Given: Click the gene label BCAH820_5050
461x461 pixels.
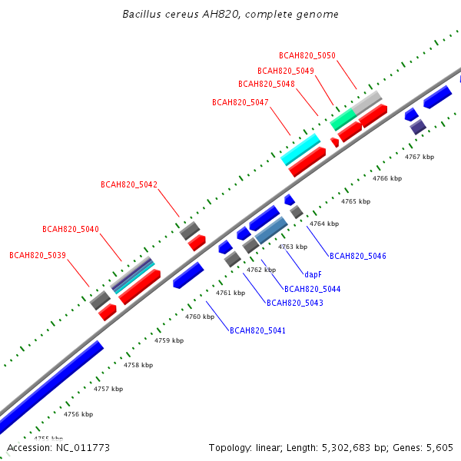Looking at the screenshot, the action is point(307,55).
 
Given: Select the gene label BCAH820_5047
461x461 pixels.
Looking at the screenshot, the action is point(240,102).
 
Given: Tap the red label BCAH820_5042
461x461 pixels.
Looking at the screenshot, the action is point(129,184).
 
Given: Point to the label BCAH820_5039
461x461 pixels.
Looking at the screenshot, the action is point(38,255).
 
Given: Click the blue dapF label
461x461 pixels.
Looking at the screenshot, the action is point(313,274).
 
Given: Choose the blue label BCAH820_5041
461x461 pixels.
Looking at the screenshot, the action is point(257,330).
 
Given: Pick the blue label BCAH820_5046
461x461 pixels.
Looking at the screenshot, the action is point(358,256).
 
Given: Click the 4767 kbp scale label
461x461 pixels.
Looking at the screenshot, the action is point(420,157).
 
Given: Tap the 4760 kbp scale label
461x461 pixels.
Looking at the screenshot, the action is point(200,317).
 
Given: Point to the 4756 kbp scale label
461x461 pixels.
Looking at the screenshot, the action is point(78,414).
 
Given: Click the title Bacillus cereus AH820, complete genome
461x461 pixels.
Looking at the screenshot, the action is point(230,14).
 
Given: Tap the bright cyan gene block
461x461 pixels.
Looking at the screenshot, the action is point(300,149).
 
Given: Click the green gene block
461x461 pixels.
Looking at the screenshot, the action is point(343,119).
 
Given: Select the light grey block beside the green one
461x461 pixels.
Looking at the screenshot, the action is point(367,103).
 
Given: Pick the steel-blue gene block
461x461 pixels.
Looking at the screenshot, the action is point(271,230).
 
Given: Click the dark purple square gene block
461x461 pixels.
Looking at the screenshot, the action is point(418,127).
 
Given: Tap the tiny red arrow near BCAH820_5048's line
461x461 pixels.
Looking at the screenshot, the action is point(334,142).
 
